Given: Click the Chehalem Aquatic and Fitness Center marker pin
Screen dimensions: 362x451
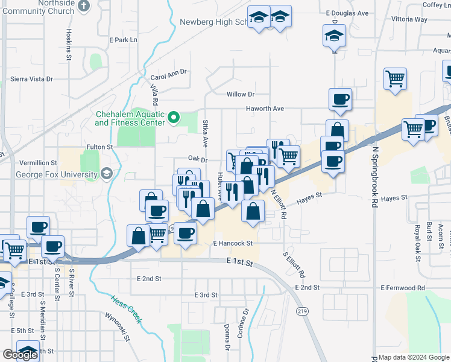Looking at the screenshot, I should tap(175, 117).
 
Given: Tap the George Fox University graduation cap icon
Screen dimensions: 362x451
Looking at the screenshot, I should tap(107, 174).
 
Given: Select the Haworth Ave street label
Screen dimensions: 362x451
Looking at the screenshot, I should tap(264, 109).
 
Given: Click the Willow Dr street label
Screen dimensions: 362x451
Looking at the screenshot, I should tap(241, 94).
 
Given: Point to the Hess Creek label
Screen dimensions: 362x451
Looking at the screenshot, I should tap(127, 308).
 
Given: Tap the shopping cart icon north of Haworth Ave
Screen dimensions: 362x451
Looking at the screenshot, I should tap(395, 78).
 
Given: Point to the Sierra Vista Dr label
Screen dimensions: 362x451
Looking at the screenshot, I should tap(31, 79).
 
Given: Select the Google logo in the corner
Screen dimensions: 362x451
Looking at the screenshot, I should tap(20, 355).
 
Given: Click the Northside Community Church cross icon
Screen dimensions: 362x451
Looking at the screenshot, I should tap(84, 6).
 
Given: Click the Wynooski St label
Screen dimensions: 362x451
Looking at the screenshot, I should tap(118, 326).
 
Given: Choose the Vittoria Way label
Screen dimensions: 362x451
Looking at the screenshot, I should tap(409, 19).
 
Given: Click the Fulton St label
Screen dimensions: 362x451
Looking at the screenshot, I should tap(99, 147).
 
